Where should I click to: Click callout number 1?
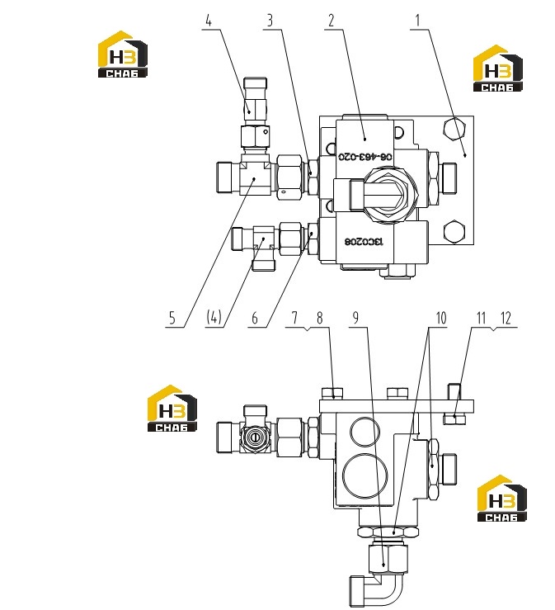pyautogui.click(x=418, y=21)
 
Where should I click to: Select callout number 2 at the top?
pyautogui.click(x=332, y=21)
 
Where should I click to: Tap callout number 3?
pyautogui.click(x=270, y=21)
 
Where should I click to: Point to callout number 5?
pyautogui.click(x=172, y=319)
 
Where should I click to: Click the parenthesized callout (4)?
pyautogui.click(x=214, y=317)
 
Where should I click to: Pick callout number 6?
pyautogui.click(x=255, y=319)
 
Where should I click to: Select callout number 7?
pyautogui.click(x=294, y=318)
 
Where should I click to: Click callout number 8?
pyautogui.click(x=319, y=318)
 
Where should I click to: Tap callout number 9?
pyautogui.click(x=355, y=318)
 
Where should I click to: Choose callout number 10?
pyautogui.click(x=441, y=318)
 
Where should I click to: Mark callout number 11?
pyautogui.click(x=482, y=318)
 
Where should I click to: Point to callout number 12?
pyautogui.click(x=506, y=318)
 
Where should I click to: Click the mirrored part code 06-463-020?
pyautogui.click(x=365, y=156)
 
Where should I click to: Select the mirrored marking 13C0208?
pyautogui.click(x=364, y=242)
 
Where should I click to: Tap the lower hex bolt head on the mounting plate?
pyautogui.click(x=454, y=232)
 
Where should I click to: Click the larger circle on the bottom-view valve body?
pyautogui.click(x=365, y=475)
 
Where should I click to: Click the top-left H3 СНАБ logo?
pyautogui.click(x=122, y=54)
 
